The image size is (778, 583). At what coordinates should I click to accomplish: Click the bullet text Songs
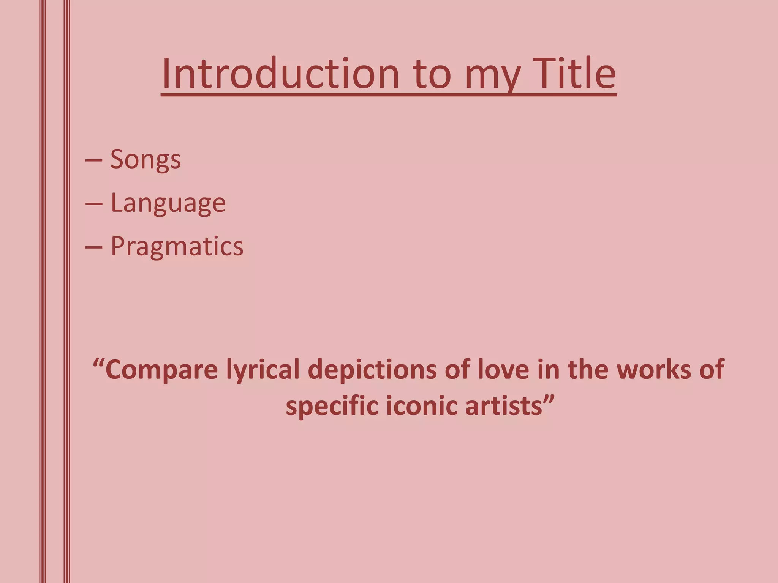tap(145, 159)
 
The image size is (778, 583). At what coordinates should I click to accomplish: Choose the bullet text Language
tap(168, 203)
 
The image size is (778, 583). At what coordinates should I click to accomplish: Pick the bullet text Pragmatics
tap(177, 247)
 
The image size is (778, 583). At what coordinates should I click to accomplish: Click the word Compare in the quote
tap(161, 370)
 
